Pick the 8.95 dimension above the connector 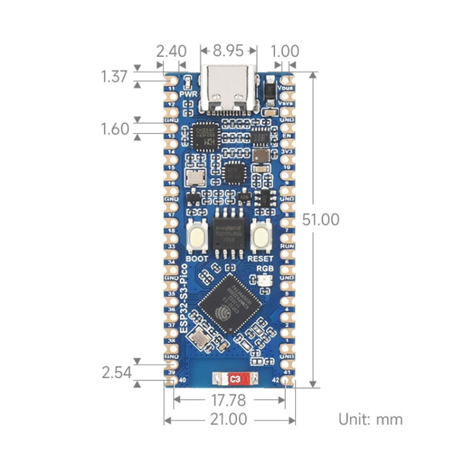click(x=229, y=51)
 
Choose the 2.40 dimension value click(x=171, y=51)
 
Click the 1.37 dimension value click(x=114, y=77)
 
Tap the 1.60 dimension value click(x=114, y=129)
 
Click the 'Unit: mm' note click(x=370, y=418)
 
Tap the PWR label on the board click(x=188, y=94)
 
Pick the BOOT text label click(x=197, y=258)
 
